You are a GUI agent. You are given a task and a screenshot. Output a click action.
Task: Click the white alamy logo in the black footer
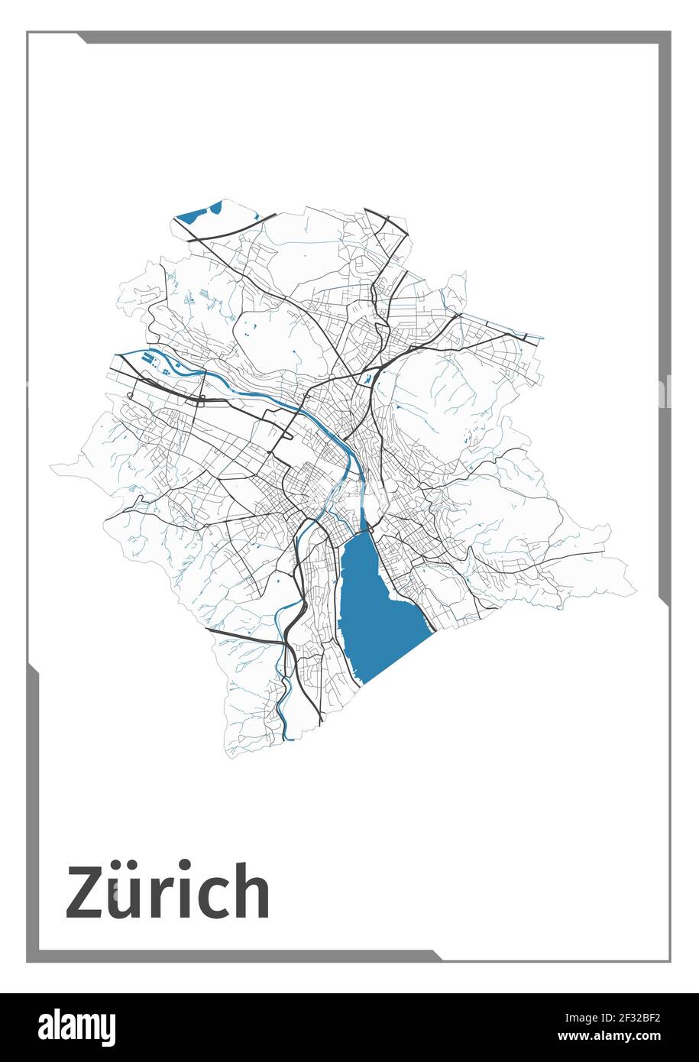click(x=76, y=1028)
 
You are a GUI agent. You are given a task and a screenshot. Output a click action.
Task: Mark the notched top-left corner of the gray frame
click(x=80, y=37)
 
